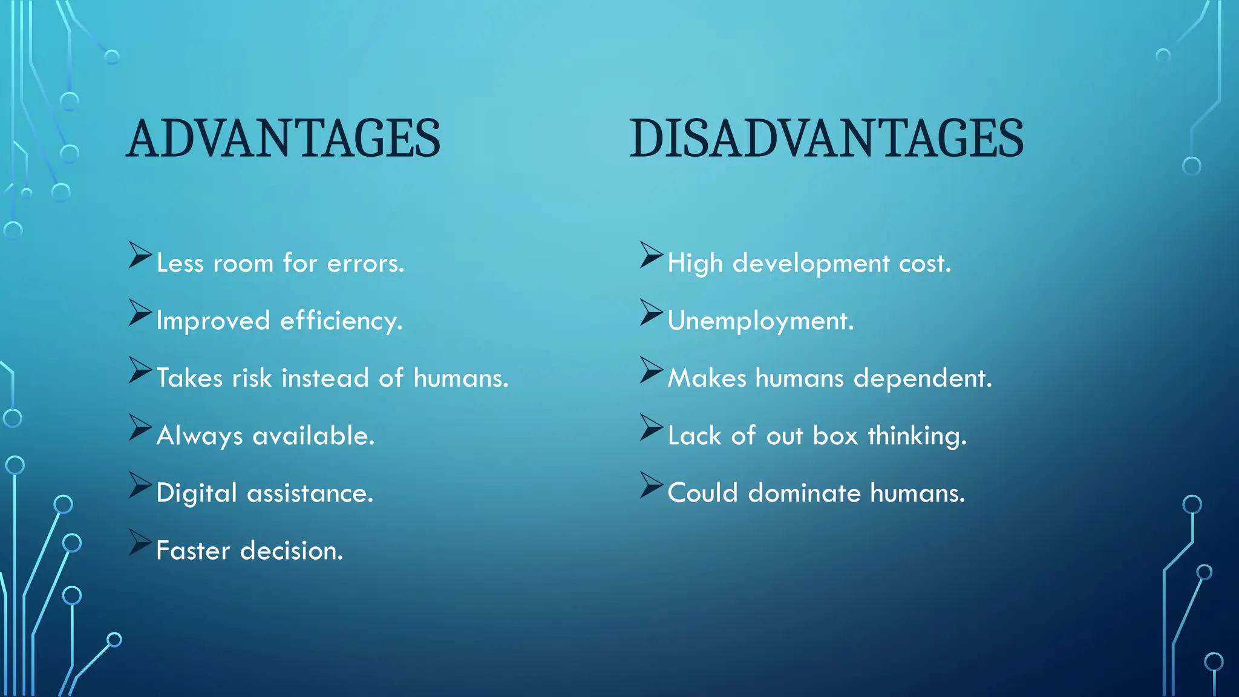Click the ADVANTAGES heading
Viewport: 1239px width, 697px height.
(x=283, y=139)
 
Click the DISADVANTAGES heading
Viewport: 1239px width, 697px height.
(x=826, y=139)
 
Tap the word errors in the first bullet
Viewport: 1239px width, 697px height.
(x=365, y=264)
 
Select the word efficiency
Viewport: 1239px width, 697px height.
(x=341, y=321)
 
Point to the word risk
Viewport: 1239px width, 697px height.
(x=252, y=379)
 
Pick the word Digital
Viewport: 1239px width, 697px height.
(x=196, y=494)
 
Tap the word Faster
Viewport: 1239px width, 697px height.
(x=193, y=551)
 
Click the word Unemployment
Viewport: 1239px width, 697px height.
(x=760, y=321)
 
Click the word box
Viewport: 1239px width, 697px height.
(x=835, y=436)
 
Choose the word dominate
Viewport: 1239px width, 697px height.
(x=804, y=494)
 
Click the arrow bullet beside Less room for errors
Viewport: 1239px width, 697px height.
(x=140, y=255)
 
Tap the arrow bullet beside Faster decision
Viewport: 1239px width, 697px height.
(x=140, y=542)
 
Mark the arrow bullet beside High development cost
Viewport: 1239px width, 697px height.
(x=652, y=255)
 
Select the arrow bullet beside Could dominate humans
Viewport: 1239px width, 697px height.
(x=652, y=485)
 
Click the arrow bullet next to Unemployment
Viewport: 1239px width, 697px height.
(x=652, y=312)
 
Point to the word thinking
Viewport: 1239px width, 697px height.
(x=917, y=436)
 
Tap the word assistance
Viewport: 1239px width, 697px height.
(x=310, y=494)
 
